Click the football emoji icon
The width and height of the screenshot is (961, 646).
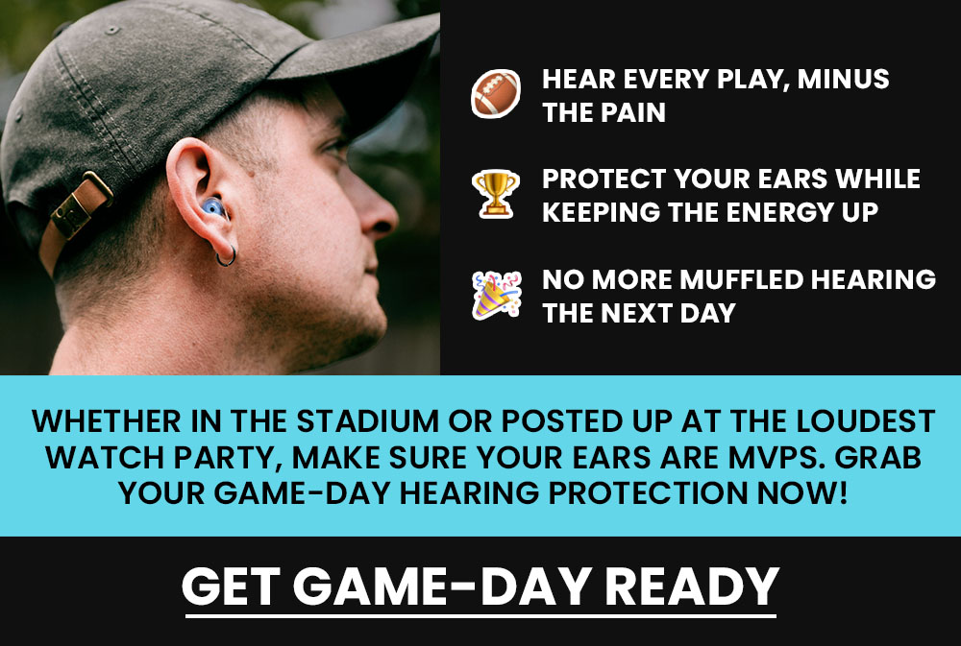[495, 94]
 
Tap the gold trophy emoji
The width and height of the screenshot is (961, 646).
[495, 194]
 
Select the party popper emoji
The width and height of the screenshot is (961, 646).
[497, 295]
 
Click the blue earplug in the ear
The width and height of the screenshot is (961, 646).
[214, 207]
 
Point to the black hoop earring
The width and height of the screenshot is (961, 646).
[226, 256]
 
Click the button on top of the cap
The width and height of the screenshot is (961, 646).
[111, 30]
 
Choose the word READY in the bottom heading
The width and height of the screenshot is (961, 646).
[692, 586]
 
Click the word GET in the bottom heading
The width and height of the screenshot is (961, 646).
[231, 586]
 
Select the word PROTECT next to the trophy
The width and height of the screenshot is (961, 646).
[604, 179]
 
